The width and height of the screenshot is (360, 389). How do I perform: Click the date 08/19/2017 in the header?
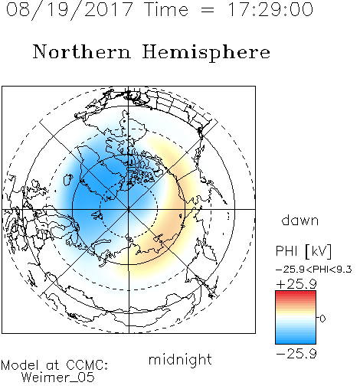(69, 10)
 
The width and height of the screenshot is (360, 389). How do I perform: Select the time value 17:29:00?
(270, 9)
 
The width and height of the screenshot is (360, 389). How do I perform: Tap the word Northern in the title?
(82, 51)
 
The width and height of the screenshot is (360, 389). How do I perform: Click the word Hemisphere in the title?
(206, 53)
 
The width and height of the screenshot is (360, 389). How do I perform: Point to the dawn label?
(300, 220)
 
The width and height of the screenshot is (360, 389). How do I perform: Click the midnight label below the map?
(180, 359)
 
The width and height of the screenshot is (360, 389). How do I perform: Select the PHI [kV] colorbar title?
(303, 251)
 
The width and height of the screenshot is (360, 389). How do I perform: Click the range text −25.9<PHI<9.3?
(314, 270)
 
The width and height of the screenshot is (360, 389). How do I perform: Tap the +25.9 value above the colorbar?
(296, 284)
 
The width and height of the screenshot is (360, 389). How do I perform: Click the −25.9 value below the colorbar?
(296, 354)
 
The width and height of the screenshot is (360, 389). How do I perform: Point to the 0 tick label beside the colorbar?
(322, 319)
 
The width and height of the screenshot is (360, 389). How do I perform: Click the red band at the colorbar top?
(296, 294)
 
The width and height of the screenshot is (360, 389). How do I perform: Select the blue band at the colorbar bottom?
(296, 340)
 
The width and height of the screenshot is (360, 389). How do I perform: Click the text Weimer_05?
(57, 378)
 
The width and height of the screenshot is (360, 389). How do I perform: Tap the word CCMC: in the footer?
(87, 365)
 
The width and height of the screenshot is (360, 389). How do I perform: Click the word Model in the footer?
(20, 365)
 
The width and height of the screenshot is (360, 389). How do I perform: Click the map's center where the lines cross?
(129, 209)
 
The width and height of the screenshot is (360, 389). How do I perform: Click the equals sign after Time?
(208, 10)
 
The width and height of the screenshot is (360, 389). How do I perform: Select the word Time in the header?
(166, 9)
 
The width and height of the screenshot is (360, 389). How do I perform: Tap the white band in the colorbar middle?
(296, 318)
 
